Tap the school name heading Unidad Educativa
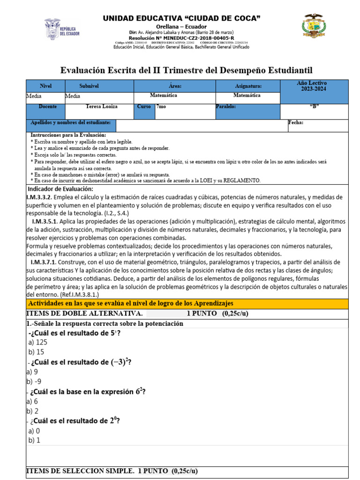pyautogui.click(x=181, y=18)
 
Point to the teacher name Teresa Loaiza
pyautogui.click(x=102, y=107)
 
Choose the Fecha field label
pyautogui.click(x=296, y=123)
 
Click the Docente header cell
pyautogui.click(x=48, y=107)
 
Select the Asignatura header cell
pyautogui.click(x=248, y=86)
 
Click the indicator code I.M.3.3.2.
pyautogui.click(x=42, y=197)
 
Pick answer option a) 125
pyautogui.click(x=38, y=342)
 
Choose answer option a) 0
pyautogui.click(x=34, y=430)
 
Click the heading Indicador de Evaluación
pyautogui.click(x=60, y=188)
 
